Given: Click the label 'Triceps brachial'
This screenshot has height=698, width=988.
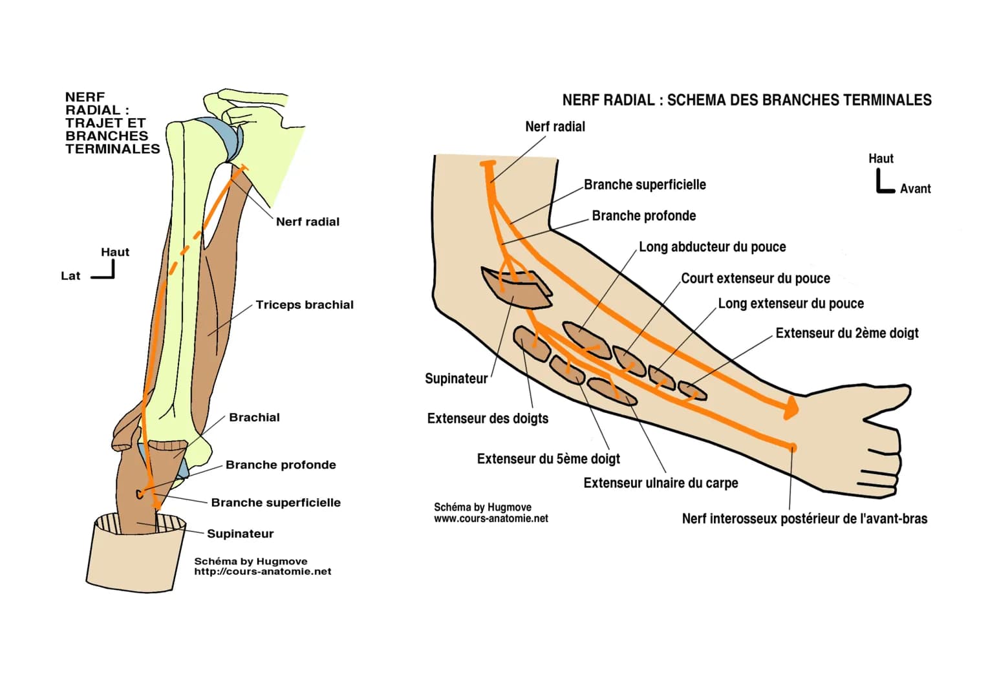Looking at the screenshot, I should (x=305, y=305).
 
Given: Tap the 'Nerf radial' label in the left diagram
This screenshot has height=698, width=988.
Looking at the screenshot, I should (x=307, y=222).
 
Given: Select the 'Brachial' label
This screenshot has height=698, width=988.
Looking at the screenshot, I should (x=254, y=418).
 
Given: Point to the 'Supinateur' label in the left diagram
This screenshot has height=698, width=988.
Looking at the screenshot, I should (x=240, y=534).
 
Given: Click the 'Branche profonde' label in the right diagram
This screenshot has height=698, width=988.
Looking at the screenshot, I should (x=643, y=216).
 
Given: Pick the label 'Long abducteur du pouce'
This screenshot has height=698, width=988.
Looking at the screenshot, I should (x=712, y=247).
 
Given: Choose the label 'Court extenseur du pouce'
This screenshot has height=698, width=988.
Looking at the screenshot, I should (x=755, y=279).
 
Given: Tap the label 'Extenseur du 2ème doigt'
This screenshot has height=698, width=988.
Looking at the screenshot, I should (x=846, y=333).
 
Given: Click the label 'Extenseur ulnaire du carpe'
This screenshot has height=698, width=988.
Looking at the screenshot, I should (x=660, y=483).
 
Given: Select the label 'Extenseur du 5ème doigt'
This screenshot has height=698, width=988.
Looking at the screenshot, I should (x=548, y=459).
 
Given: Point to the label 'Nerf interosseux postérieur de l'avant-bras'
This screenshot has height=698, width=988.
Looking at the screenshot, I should (x=804, y=519).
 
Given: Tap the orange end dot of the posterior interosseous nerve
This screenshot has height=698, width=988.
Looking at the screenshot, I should (x=793, y=447).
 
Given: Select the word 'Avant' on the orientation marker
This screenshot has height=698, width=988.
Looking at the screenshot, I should (x=915, y=189).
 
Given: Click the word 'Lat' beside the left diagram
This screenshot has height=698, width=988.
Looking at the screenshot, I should (x=70, y=276).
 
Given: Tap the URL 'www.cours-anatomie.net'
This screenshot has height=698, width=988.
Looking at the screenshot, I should (x=491, y=518).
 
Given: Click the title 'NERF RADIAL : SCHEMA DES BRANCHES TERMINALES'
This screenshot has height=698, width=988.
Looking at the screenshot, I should (x=747, y=100).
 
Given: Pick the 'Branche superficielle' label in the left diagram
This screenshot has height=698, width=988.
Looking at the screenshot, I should (x=275, y=503).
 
